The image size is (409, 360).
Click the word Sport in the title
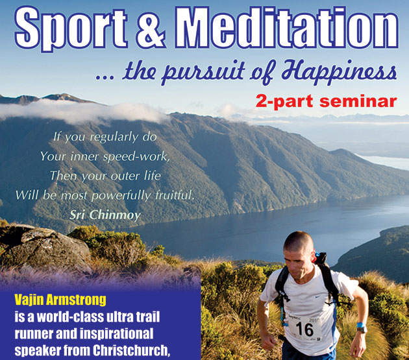coord(71,28)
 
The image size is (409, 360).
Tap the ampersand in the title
coord(151,28)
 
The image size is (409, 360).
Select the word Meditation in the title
coord(286,27)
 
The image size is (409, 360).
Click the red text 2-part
coord(284,102)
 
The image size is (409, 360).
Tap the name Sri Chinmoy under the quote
coord(105,215)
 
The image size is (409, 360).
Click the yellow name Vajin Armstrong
coord(60,300)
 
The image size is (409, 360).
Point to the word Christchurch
coord(131,351)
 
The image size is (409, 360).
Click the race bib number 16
coord(304,330)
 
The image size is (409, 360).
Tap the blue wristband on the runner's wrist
coord(361,325)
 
